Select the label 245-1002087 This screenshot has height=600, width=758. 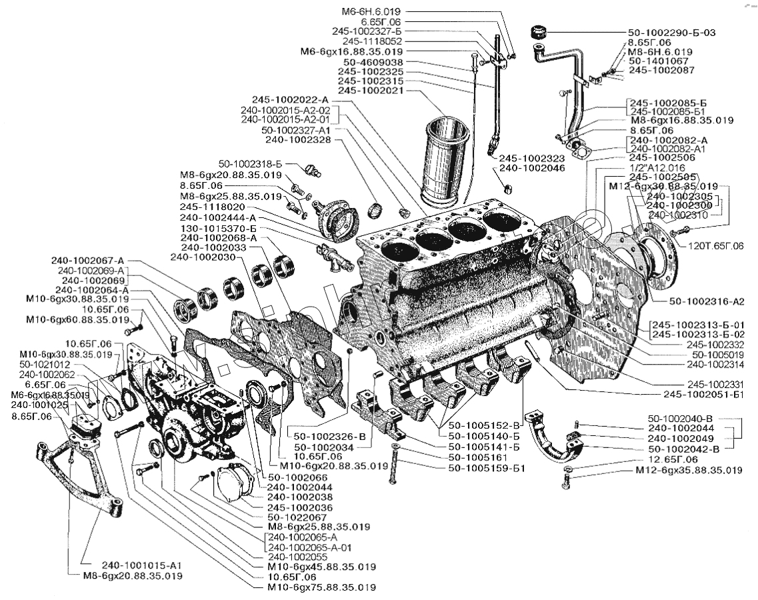tap(662, 70)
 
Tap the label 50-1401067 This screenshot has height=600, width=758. tap(659, 61)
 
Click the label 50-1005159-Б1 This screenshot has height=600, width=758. tap(487, 468)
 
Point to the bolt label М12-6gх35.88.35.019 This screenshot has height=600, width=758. tap(689, 471)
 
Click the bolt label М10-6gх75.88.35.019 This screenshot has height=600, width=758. tap(321, 588)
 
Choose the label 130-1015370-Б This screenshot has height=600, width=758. tap(218, 227)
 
